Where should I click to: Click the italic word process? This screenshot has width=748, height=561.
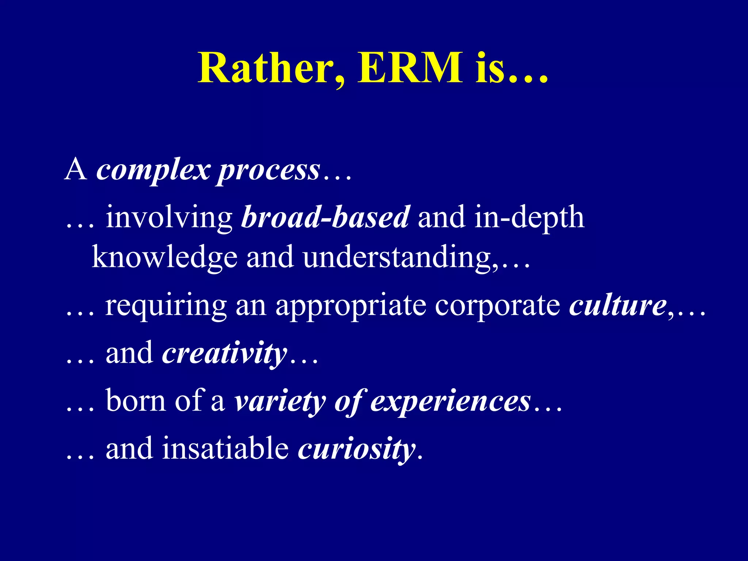(x=269, y=171)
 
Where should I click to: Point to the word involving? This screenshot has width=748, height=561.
(x=169, y=218)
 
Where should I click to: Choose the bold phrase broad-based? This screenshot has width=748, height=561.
(x=325, y=217)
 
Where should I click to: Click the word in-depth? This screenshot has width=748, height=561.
(x=529, y=218)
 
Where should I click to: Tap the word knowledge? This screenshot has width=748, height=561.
(x=164, y=257)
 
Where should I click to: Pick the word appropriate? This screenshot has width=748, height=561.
(x=351, y=306)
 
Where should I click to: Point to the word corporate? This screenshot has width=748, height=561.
(x=497, y=306)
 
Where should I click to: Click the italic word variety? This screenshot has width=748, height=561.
(x=280, y=401)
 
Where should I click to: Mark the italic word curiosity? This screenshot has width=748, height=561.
(x=356, y=449)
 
